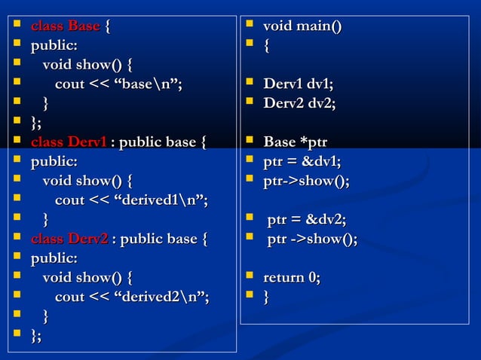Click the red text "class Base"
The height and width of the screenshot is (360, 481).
[65, 27]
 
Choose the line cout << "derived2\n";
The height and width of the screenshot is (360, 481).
[132, 297]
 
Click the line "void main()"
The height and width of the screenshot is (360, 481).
[302, 27]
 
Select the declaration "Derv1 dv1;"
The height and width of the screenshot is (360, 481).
[299, 84]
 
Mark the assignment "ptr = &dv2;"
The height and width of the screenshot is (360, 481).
[307, 220]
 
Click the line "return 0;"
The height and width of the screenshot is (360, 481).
[291, 279]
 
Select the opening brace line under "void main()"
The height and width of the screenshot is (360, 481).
[266, 47]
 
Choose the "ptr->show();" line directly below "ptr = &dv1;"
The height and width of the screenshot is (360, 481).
[306, 181]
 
